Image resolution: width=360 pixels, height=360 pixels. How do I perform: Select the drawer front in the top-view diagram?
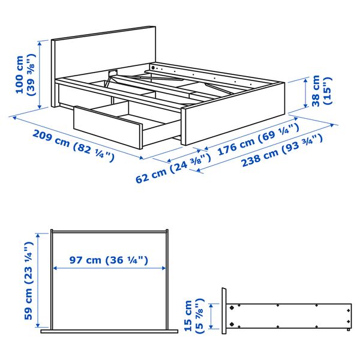click(108, 330)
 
